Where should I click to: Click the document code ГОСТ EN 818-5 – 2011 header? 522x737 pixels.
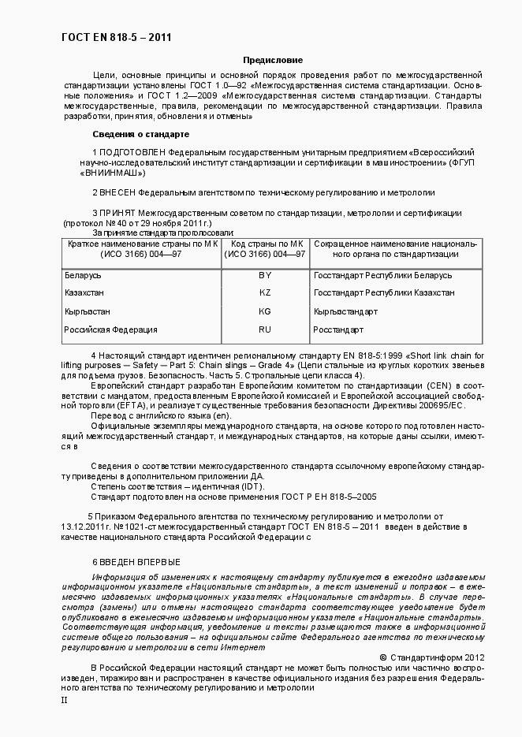coord(117,37)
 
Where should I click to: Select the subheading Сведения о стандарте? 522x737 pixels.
coord(140,134)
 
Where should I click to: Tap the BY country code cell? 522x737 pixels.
coord(264,275)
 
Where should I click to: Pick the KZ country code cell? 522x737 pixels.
coord(264,292)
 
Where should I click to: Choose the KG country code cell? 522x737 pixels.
coord(264,311)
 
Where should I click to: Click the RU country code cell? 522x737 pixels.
coord(264,329)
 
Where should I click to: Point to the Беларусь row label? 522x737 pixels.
coord(83,275)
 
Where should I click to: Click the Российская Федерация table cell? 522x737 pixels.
coord(110,329)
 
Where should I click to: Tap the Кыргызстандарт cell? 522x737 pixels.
coord(345,311)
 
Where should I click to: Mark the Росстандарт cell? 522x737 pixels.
coord(338,329)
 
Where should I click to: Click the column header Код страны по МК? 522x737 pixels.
coord(264,244)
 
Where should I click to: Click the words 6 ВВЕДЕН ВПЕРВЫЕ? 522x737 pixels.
coord(136,562)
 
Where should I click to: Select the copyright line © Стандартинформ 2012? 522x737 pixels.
coord(432,657)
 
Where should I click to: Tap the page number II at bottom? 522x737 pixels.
coord(65,700)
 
